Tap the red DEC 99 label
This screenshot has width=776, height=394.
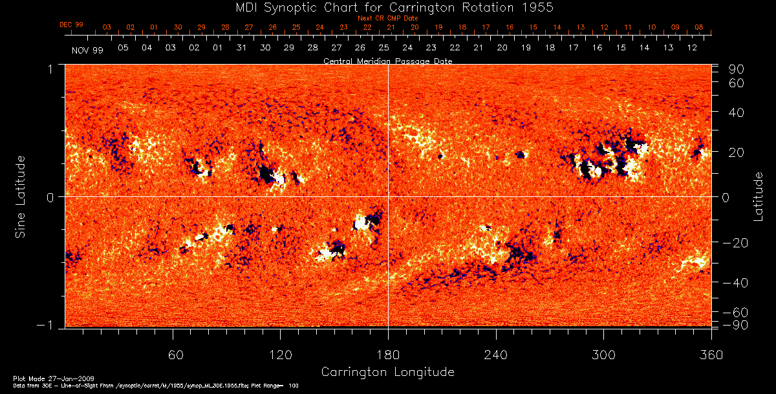71,25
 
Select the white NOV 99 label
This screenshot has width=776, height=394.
87,49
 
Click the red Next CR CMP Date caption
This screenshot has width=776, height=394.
387,18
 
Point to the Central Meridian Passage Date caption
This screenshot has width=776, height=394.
387,61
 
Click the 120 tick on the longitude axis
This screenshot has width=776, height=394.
281,355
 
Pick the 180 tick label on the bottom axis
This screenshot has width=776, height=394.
388,355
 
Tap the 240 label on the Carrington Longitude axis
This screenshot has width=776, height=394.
496,355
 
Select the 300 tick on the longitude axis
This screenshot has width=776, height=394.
603,355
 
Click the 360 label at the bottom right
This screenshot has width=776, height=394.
711,355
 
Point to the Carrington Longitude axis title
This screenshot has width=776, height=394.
387,372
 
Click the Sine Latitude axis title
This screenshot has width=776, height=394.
21,196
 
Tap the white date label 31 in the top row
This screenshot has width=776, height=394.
241,48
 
